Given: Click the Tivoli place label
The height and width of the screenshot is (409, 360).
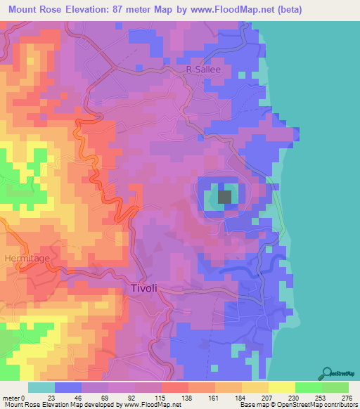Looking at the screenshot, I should [x=146, y=288].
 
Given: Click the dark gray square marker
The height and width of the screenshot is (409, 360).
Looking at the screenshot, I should [x=225, y=197].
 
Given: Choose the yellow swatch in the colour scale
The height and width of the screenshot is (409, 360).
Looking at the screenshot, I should [x=281, y=387].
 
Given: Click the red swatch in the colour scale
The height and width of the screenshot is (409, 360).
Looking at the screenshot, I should [x=174, y=387].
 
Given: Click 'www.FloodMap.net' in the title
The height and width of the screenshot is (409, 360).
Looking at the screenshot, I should [x=233, y=10].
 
